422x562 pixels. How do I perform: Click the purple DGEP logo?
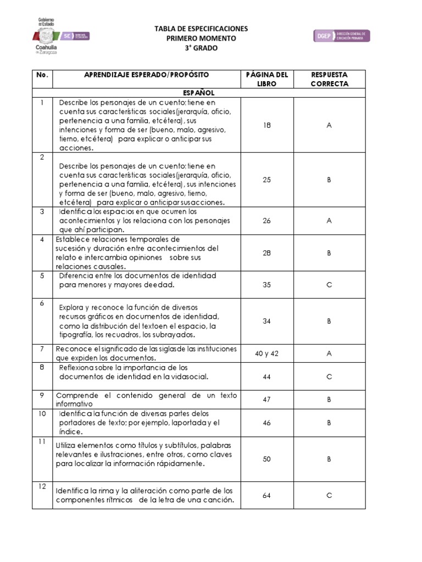(x=342, y=36)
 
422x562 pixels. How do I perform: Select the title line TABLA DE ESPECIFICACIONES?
(x=201, y=29)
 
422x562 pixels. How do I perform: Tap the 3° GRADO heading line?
(x=201, y=48)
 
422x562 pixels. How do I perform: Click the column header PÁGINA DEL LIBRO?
(x=266, y=79)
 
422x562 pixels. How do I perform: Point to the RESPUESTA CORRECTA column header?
(x=329, y=79)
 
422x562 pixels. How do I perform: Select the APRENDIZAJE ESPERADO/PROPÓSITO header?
(x=146, y=74)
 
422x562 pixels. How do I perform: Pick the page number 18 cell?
(x=266, y=126)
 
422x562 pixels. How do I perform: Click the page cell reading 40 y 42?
(x=266, y=353)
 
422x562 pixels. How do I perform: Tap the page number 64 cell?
(x=266, y=496)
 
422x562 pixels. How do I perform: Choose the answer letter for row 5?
(x=329, y=285)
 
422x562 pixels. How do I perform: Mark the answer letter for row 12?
(x=329, y=496)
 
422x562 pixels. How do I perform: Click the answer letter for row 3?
(x=329, y=221)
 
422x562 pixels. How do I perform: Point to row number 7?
(x=42, y=349)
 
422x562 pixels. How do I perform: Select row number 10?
(x=42, y=413)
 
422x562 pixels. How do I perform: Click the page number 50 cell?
(x=266, y=459)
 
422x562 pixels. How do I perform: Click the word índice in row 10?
(x=71, y=432)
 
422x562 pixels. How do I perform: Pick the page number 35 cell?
(x=266, y=285)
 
